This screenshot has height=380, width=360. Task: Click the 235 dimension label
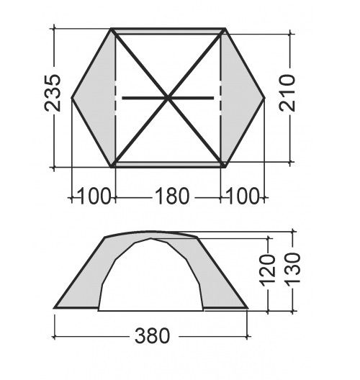point(52,93)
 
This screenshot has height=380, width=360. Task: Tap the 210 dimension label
point(287,93)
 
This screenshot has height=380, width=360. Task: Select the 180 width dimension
point(171,196)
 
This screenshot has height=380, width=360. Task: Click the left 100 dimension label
point(94,196)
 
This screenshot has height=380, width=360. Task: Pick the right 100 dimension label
point(243,196)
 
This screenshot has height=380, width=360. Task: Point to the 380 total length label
point(152,335)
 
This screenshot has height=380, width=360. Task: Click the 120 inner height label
point(268,269)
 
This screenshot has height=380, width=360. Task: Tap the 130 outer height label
point(292,268)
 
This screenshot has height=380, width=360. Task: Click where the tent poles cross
point(167,98)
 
